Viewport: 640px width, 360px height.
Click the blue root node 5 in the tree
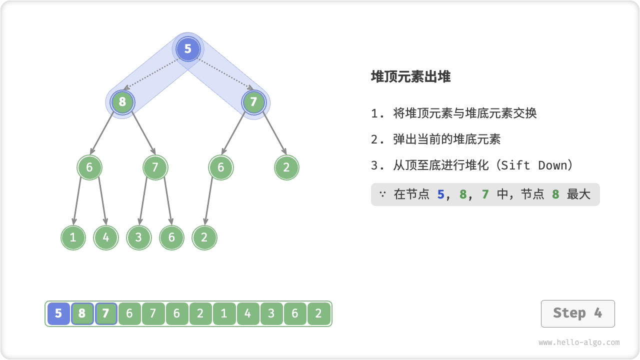(188, 49)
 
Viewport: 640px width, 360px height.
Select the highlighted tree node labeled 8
(122, 102)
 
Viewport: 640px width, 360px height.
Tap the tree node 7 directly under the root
(253, 102)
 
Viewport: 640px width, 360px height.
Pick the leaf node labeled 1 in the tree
(73, 237)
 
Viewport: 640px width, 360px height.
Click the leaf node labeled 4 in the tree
(106, 237)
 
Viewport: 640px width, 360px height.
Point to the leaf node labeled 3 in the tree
(138, 237)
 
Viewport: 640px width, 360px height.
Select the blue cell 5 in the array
(58, 314)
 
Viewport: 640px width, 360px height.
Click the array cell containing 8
(82, 314)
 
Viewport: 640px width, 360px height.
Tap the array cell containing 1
(224, 314)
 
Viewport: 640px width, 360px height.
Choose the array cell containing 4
(248, 314)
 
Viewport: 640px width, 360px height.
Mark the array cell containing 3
(271, 314)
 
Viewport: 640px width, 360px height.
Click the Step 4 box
(577, 313)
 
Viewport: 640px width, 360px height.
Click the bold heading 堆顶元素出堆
(410, 76)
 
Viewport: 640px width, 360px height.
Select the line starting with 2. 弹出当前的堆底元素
(435, 139)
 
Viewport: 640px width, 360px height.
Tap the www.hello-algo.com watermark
(579, 342)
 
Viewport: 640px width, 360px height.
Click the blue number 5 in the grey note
(440, 194)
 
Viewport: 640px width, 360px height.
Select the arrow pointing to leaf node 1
(77, 200)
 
